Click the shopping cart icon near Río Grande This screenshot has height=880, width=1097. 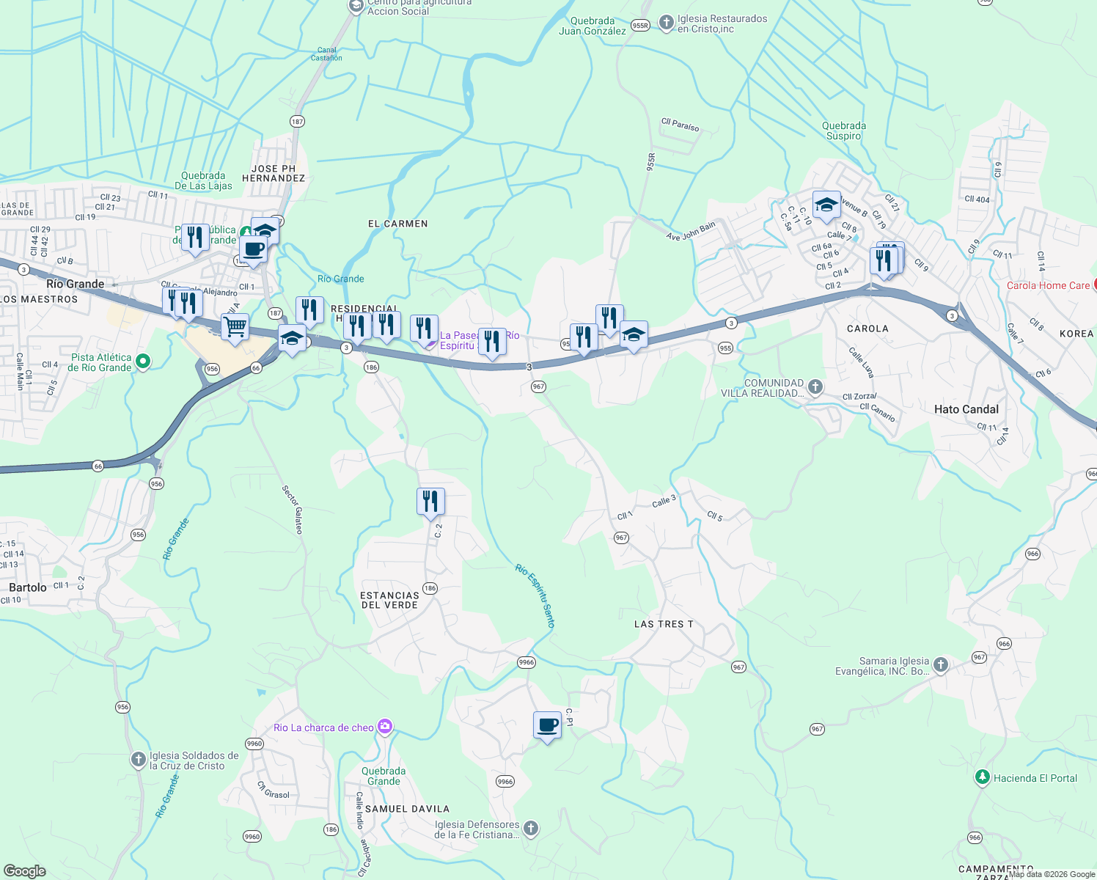235,326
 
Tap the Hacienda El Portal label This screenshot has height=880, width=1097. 1035,778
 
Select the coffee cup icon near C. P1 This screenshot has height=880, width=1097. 547,725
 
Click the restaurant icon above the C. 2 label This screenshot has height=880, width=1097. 430,501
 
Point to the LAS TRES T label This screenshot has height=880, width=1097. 664,624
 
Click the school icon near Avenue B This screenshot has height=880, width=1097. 826,205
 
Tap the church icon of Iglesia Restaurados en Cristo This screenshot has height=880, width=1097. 666,23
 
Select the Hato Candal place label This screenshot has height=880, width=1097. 966,409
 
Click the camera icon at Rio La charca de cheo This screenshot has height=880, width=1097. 385,727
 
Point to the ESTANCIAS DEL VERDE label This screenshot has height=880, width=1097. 389,600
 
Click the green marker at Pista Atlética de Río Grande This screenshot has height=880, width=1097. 143,362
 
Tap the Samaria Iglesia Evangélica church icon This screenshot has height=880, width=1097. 940,665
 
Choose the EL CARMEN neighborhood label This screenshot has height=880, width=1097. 397,224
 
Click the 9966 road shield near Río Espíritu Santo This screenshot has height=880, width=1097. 527,662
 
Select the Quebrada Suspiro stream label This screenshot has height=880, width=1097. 843,131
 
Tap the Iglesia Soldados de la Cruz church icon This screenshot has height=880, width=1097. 139,760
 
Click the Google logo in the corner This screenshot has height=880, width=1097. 25,870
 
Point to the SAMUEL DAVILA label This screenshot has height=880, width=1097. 407,809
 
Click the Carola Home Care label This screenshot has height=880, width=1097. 1048,285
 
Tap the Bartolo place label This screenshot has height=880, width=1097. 28,587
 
